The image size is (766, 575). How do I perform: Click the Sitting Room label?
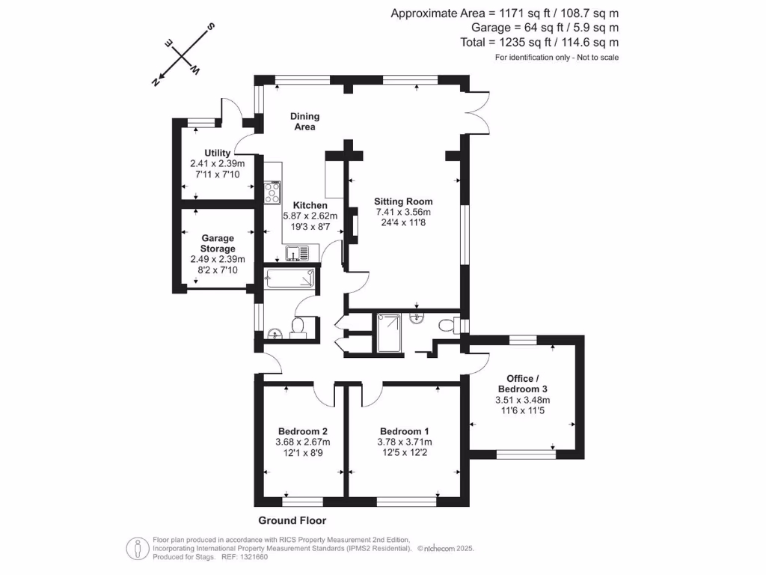[403, 201]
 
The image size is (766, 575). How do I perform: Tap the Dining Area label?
[305, 121]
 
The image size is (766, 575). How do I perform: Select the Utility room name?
[218, 153]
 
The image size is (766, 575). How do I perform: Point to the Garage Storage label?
[218, 243]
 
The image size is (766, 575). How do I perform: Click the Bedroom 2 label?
[303, 431]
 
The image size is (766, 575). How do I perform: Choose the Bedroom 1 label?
[405, 431]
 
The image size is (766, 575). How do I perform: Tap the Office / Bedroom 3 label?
[523, 384]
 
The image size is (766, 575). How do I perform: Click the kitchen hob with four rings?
[272, 192]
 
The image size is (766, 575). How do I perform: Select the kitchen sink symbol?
[297, 253]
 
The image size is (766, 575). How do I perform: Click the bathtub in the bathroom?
[289, 277]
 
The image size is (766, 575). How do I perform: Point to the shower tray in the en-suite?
[389, 333]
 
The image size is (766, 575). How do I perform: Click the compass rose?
[183, 54]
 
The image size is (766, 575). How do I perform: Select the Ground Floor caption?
[292, 521]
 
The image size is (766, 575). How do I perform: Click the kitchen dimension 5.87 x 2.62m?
[310, 216]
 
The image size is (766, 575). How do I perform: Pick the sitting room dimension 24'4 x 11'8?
[403, 222]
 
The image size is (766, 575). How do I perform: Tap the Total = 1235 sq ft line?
[539, 42]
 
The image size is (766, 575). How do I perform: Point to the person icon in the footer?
[138, 549]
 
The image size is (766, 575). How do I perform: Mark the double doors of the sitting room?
[479, 112]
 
